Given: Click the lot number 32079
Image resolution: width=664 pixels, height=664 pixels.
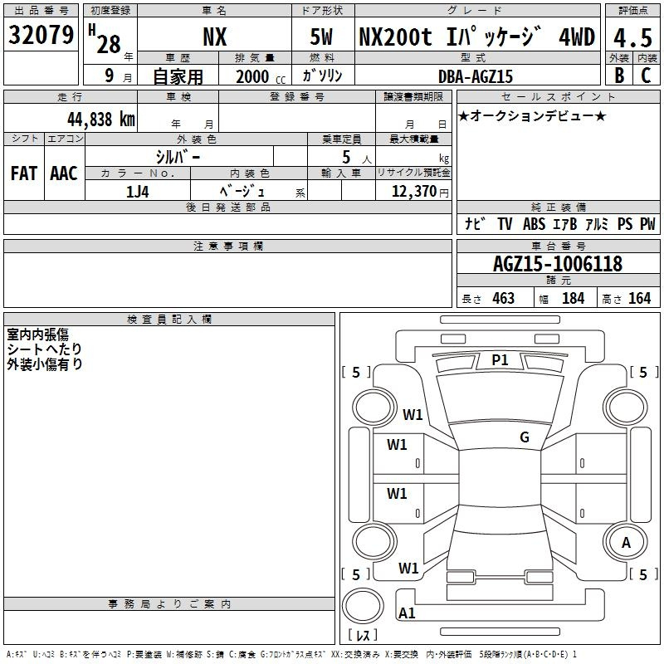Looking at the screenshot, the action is (x=41, y=35).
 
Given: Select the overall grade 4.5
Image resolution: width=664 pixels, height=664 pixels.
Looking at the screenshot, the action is (x=632, y=37).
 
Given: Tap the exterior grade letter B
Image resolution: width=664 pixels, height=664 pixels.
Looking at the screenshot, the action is (x=619, y=76).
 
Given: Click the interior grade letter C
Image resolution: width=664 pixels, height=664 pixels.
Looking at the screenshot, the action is (x=646, y=76).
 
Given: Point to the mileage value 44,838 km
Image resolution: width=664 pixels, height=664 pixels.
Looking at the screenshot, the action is (x=101, y=120).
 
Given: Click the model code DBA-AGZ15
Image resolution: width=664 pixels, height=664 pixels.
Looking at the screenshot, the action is (x=476, y=76).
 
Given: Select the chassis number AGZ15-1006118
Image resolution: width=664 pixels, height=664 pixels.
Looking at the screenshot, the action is (x=558, y=264).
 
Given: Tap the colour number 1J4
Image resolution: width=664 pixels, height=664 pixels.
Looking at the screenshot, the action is (x=138, y=192).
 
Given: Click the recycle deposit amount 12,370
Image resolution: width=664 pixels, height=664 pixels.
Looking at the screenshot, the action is (x=414, y=192).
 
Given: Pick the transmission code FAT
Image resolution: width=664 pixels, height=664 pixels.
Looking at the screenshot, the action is (x=24, y=173).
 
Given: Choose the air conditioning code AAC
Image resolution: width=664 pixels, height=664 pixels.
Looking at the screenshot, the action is (x=64, y=173).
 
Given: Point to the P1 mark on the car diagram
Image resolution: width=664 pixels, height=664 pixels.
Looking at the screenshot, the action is (x=500, y=360).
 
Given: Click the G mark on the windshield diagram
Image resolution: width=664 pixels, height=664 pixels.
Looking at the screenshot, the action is (x=525, y=437).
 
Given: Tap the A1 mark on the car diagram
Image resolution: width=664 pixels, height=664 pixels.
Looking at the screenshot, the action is (x=407, y=613).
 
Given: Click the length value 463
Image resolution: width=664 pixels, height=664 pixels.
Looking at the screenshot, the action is (x=504, y=299).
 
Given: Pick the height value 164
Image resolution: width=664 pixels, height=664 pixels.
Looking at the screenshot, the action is (x=639, y=299).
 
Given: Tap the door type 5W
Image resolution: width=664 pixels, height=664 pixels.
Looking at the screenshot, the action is (x=321, y=37).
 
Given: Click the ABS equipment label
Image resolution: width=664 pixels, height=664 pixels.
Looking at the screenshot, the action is (x=534, y=224).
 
